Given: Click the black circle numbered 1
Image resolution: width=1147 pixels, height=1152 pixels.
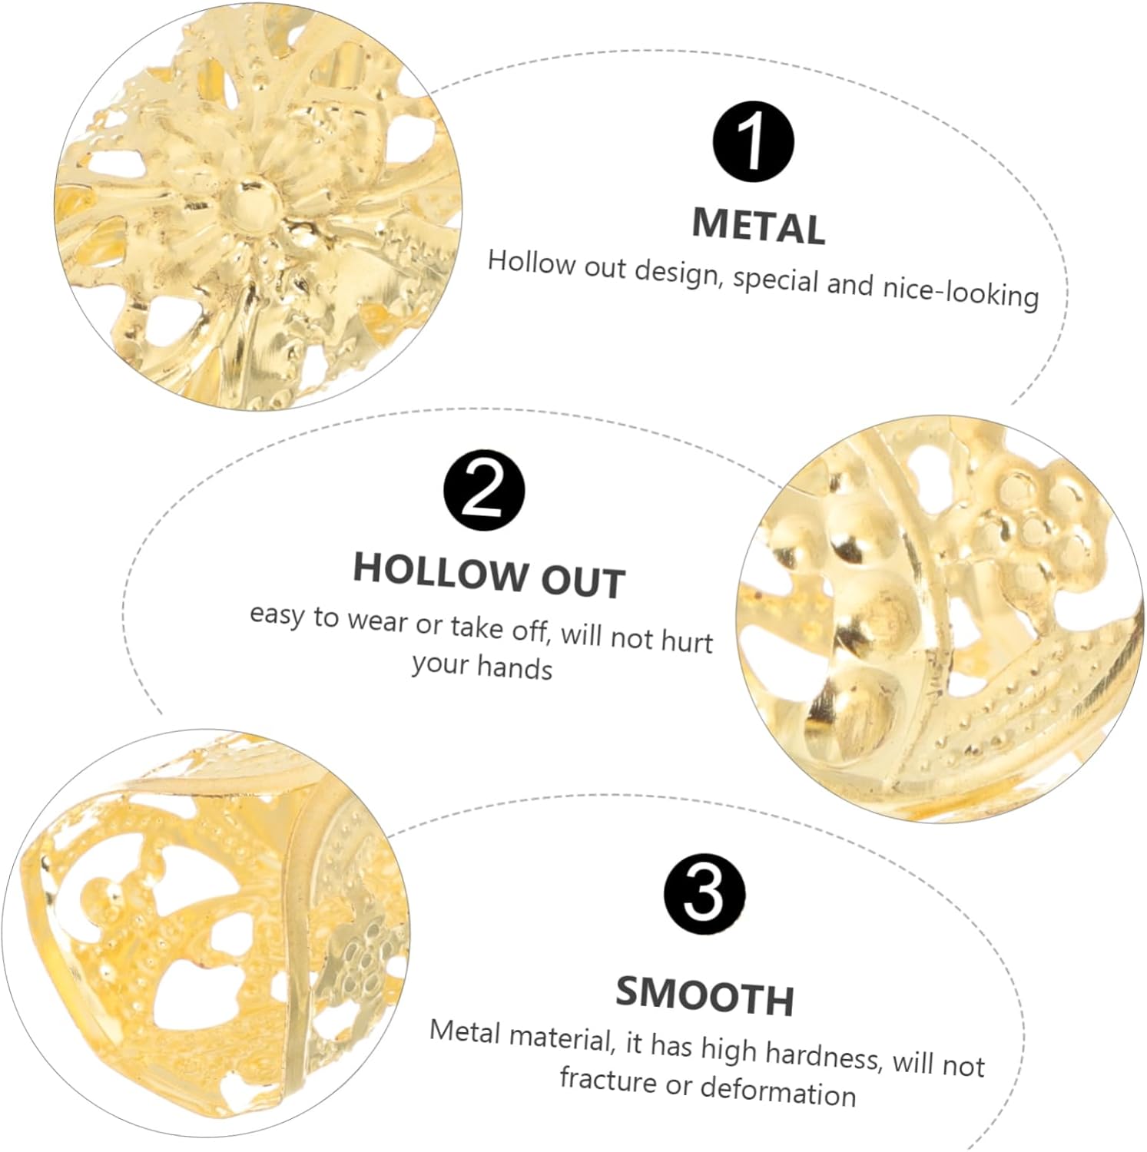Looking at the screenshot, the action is click(753, 144).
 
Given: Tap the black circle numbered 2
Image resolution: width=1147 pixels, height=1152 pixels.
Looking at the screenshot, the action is click(485, 491).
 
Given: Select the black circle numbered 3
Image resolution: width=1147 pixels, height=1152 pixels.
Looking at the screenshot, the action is click(704, 892).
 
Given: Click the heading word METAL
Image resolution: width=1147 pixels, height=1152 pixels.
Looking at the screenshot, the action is click(759, 226).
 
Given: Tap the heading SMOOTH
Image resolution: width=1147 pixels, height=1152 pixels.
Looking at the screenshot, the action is click(704, 995).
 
